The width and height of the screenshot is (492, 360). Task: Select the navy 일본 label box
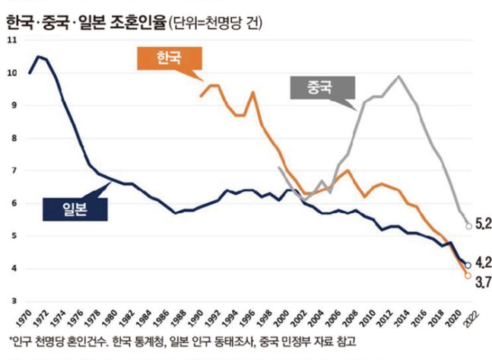(x=75, y=209)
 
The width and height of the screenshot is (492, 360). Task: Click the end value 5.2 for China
(x=464, y=225)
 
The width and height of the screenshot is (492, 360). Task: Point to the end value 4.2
(x=464, y=263)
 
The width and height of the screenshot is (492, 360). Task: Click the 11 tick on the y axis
(x=12, y=40)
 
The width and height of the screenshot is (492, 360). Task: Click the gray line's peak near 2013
(x=398, y=76)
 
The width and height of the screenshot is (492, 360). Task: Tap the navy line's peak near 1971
(x=40, y=56)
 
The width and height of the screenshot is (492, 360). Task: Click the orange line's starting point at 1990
(x=200, y=96)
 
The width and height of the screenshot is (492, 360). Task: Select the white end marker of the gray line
(x=447, y=226)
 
